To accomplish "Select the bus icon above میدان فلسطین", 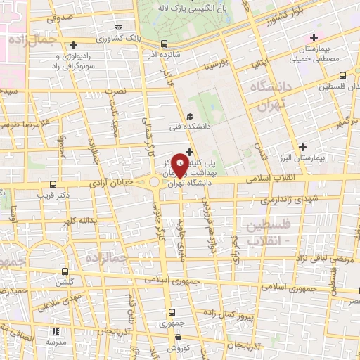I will pos(342,75).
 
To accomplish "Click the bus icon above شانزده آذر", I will pos(164,42).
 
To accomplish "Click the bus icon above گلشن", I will pos(65,271).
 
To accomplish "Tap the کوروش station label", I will pos(179,349).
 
